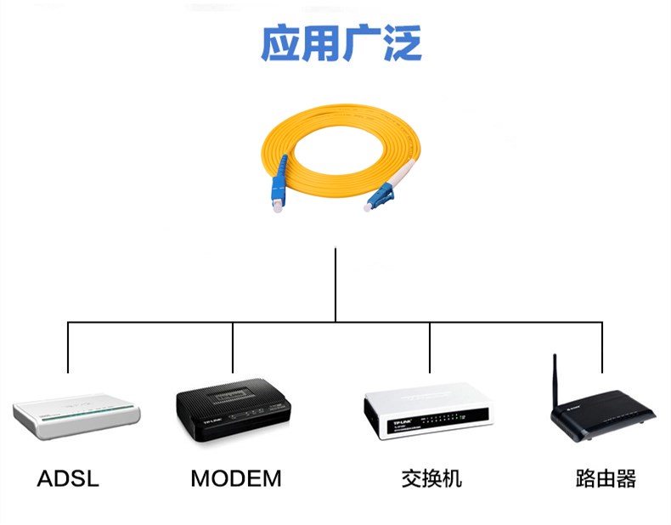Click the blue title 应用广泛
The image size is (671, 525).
click(x=340, y=43)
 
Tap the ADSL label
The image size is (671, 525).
click(x=68, y=478)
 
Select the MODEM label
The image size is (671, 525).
click(x=235, y=478)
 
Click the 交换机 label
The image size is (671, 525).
click(x=431, y=478)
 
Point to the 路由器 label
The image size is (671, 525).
click(x=606, y=478)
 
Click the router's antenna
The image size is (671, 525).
click(x=555, y=378)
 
